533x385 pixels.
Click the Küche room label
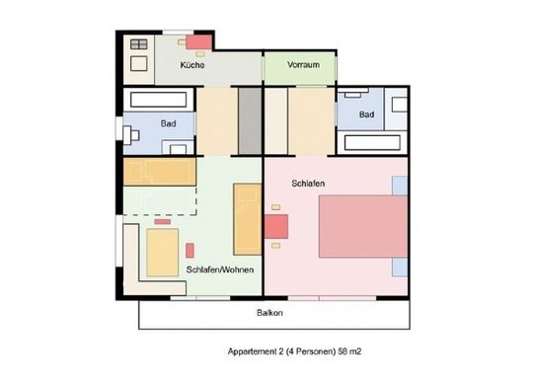click(x=192, y=65)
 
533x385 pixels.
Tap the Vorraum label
click(x=303, y=64)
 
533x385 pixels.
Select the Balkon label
click(x=269, y=313)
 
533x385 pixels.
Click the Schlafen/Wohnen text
click(x=220, y=269)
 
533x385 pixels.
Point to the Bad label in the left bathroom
click(x=168, y=123)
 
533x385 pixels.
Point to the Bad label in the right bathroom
click(x=367, y=115)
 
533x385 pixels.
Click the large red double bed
click(x=363, y=226)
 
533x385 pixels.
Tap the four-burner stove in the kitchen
click(x=139, y=44)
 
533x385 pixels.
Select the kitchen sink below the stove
click(x=139, y=63)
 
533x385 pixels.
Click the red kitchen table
click(x=198, y=42)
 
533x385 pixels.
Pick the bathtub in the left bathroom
click(x=158, y=100)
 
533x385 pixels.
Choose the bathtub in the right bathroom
click(x=372, y=142)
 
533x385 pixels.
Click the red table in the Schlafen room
click(x=276, y=226)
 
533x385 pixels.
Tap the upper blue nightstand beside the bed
click(x=400, y=186)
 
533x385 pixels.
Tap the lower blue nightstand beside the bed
click(x=400, y=267)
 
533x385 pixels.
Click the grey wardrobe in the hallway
click(x=250, y=121)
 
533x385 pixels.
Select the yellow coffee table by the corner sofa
click(x=163, y=253)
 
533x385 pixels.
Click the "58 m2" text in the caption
click(x=349, y=351)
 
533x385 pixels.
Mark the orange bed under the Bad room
click(x=160, y=172)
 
